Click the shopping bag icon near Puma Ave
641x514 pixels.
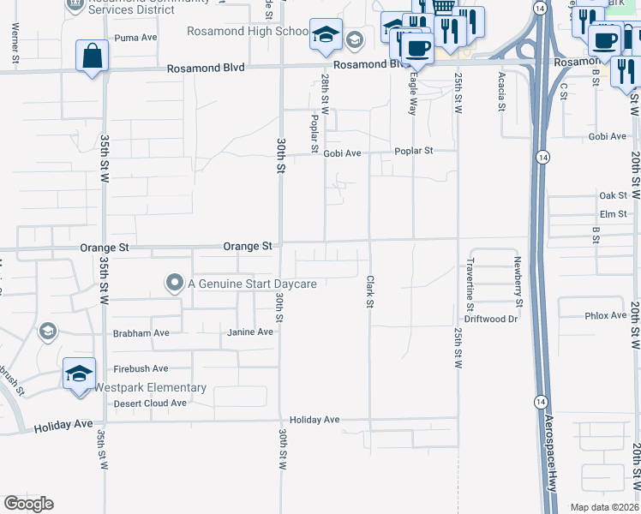point(92,57)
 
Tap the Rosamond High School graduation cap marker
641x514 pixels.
point(326,35)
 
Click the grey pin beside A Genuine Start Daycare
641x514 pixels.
point(175,283)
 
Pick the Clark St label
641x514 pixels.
point(370,291)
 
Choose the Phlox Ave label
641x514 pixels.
point(606,315)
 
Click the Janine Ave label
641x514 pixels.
point(249,332)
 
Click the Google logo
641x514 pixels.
point(28,504)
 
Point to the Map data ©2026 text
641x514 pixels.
point(604,507)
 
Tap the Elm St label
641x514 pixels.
point(614,214)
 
